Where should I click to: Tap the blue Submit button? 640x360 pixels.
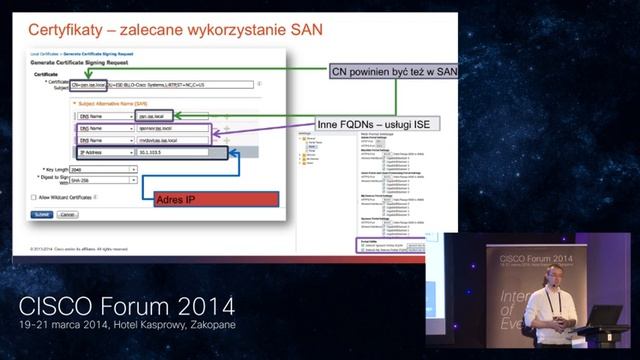point(42,214)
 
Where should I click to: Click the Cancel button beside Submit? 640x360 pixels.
point(67,214)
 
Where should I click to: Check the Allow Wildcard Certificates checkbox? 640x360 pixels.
point(36,198)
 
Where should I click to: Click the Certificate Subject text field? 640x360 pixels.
point(160,85)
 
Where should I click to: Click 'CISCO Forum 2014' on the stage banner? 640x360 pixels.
point(536,257)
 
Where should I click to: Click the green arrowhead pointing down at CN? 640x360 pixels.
point(88,76)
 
